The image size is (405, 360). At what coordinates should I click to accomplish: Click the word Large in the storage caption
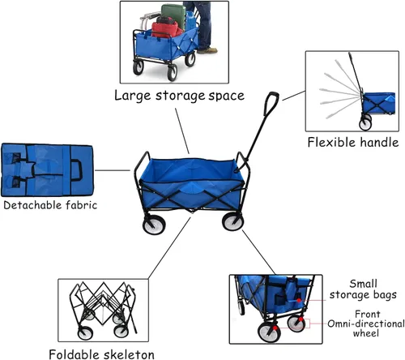pos(131,96)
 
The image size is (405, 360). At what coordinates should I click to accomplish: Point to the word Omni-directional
pos(366,324)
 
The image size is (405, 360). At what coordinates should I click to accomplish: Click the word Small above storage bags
pos(363,284)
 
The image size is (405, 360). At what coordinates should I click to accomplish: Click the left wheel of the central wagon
pos(154,225)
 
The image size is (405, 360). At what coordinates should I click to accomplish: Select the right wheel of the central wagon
pos(232,221)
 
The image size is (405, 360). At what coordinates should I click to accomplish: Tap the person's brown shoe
pos(207,50)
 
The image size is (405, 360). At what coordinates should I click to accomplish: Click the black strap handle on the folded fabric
pos(77,170)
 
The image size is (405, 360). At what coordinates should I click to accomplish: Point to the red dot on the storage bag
pos(299,300)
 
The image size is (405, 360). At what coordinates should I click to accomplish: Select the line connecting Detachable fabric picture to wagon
pos(113,170)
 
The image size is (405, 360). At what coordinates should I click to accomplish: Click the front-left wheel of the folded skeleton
pos(85,332)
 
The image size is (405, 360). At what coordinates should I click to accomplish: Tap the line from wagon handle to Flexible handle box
pos(294,96)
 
